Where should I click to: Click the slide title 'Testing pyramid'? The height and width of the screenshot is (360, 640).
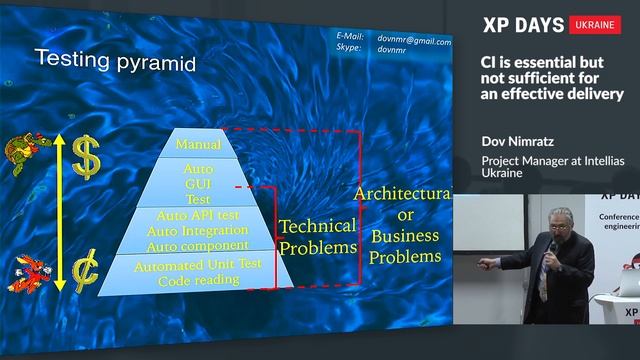click(115, 59)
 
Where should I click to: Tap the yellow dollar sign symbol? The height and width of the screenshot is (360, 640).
click(88, 157)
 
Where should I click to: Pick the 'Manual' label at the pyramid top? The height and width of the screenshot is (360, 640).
click(198, 145)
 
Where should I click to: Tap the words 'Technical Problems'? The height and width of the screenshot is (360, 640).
click(318, 236)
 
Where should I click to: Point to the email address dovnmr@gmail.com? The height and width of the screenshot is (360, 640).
click(414, 42)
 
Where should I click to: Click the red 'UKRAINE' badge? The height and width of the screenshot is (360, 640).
click(595, 25)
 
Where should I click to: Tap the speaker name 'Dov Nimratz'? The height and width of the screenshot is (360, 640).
click(522, 142)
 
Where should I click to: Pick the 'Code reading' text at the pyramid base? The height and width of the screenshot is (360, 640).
click(198, 280)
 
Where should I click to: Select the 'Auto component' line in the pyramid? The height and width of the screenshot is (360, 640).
click(197, 245)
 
